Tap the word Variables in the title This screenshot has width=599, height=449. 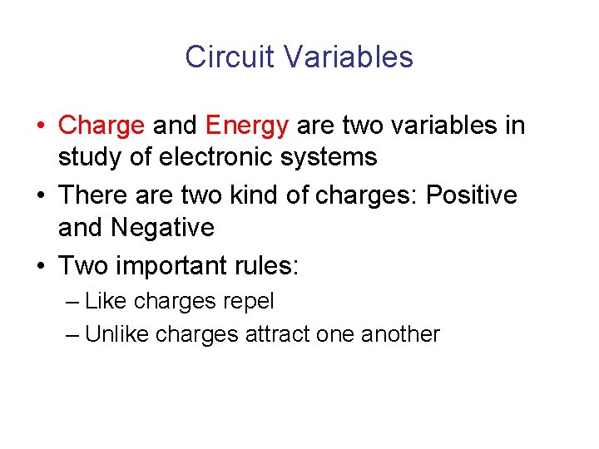tap(348, 57)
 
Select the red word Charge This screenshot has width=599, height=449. tap(101, 126)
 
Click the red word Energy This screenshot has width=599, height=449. tap(247, 126)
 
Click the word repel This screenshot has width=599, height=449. tap(250, 300)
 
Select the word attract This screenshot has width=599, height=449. tap(278, 334)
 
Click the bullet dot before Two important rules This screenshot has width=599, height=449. tap(41, 267)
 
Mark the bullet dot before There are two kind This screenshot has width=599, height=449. tap(41, 196)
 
